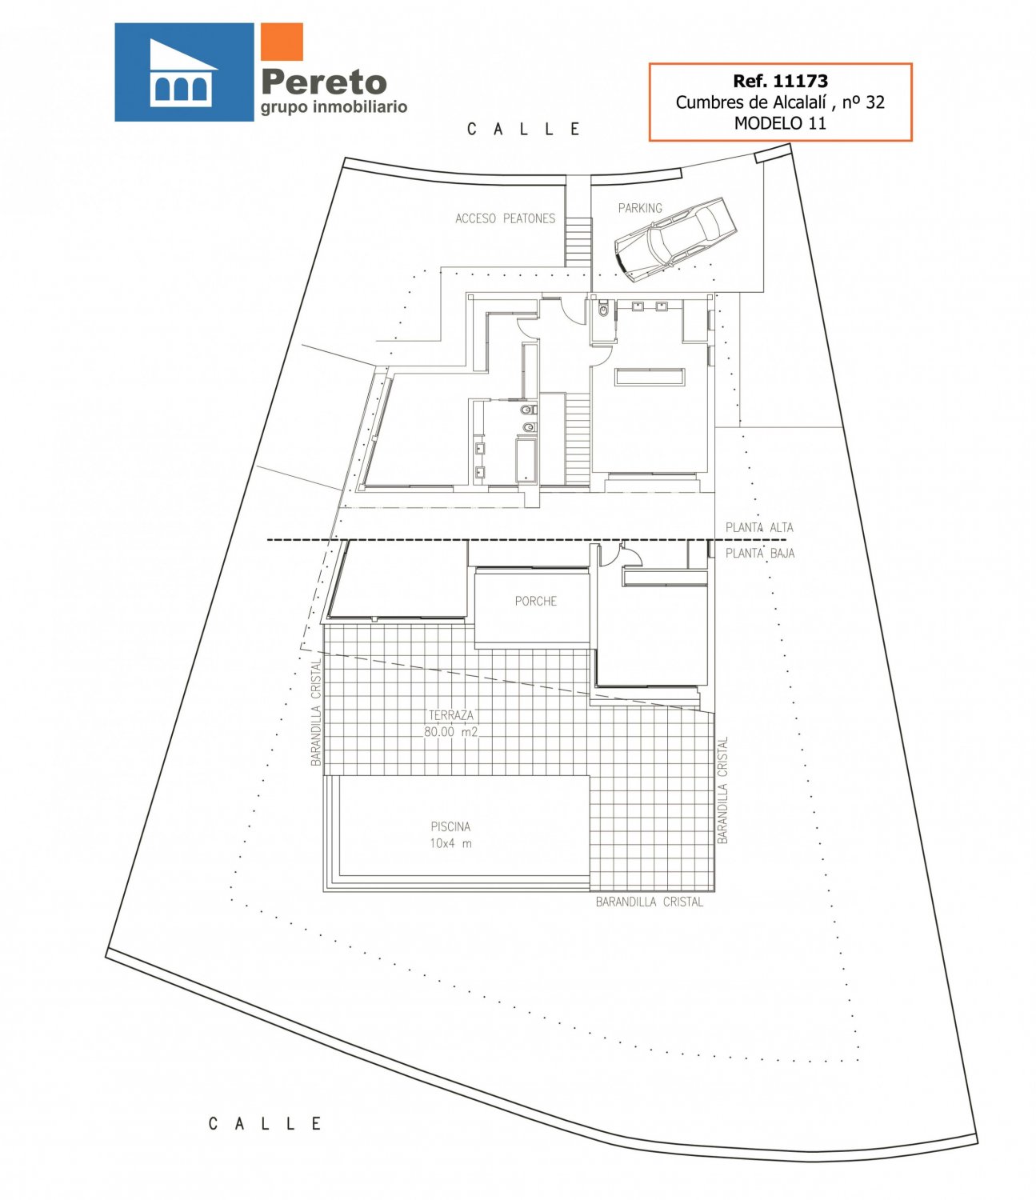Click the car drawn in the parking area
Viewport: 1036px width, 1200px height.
[675, 238]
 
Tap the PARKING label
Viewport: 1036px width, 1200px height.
[640, 208]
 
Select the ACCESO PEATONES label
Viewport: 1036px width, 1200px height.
[506, 218]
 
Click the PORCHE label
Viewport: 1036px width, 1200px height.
[535, 601]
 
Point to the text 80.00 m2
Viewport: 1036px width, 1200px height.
[450, 731]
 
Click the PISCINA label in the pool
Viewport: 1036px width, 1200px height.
[450, 826]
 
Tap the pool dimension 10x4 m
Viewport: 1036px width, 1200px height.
[450, 843]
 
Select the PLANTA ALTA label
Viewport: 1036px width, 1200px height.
[759, 527]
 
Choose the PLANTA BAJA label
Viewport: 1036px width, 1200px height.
[759, 553]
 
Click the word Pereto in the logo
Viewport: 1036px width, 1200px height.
[324, 82]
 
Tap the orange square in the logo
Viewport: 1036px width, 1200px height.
[282, 42]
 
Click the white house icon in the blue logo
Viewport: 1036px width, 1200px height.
[181, 73]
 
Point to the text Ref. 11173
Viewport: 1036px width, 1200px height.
[780, 81]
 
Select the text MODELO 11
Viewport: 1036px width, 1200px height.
[780, 123]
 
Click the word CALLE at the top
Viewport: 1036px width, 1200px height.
[523, 129]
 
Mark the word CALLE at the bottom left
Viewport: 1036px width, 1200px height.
[265, 1123]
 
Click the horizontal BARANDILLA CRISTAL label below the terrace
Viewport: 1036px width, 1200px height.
[650, 902]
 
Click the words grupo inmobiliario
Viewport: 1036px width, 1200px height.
[334, 107]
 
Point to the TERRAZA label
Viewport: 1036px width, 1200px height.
[450, 715]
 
